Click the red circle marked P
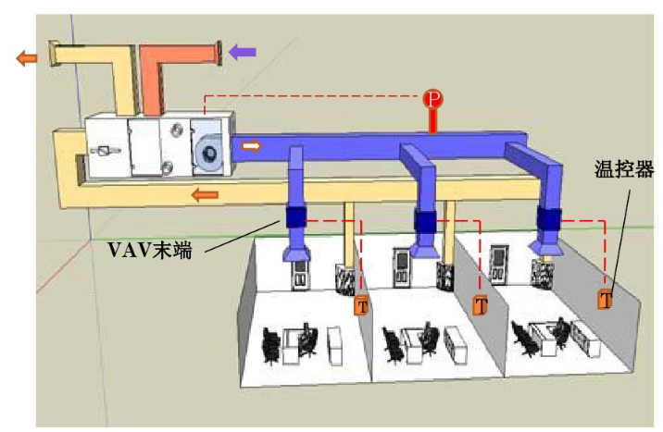432,99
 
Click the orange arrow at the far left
27,57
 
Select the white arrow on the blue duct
251,146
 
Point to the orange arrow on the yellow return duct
205,194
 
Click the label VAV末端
149,248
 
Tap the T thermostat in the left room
361,304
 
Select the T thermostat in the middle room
480,304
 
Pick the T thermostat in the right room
605,300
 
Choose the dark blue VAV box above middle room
425,222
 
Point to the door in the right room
501,264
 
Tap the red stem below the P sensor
432,121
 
